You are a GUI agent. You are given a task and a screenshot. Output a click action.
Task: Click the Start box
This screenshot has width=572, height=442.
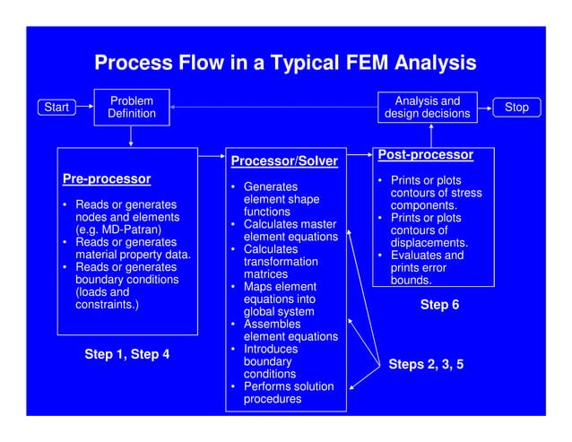click(56, 108)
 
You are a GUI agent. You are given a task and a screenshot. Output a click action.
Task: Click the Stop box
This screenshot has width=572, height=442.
click(516, 108)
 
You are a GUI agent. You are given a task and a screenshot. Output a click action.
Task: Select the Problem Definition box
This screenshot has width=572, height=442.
click(132, 108)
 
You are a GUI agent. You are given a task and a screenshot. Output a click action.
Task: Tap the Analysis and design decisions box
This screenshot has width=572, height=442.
click(428, 108)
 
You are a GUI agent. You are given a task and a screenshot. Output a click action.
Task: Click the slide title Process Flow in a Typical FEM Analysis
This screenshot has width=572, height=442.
click(285, 64)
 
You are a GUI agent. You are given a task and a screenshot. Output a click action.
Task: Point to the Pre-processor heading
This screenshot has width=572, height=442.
click(106, 179)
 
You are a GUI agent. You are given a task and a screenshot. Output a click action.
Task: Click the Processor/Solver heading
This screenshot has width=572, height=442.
click(284, 161)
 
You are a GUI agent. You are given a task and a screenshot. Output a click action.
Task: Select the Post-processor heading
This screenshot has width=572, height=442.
click(425, 155)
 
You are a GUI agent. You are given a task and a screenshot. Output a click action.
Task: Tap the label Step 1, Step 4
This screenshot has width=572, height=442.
click(126, 354)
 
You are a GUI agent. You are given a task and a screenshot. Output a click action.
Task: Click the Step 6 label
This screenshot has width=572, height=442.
click(439, 305)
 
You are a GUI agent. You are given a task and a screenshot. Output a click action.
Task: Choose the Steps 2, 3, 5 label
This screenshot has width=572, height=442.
click(426, 365)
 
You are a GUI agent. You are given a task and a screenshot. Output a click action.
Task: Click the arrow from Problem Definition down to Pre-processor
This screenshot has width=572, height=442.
click(132, 135)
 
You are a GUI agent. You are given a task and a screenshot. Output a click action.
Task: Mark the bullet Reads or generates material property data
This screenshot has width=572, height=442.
click(126, 248)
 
